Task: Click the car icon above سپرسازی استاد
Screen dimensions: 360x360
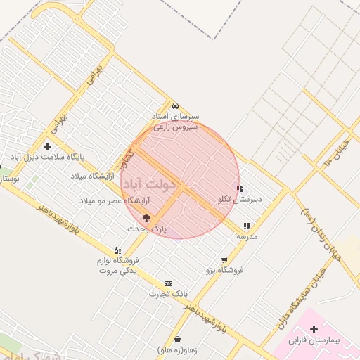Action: point(175,105)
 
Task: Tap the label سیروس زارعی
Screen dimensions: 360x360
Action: point(172,127)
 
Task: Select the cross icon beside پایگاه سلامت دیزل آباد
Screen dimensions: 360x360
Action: point(47,147)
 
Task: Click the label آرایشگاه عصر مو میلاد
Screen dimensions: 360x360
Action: point(103,202)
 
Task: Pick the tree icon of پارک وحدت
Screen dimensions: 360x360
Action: point(147,218)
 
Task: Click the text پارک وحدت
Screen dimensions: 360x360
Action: point(148,229)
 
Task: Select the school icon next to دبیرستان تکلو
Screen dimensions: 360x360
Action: point(240,188)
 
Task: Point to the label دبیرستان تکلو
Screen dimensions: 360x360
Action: point(241,200)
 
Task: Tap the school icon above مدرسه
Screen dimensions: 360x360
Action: point(247,226)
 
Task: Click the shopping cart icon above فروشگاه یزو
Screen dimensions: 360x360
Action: point(224,259)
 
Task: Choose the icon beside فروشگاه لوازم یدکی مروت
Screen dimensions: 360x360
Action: point(117,250)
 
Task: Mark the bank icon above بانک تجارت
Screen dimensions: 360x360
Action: point(167,283)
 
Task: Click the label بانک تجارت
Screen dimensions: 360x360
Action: point(168,293)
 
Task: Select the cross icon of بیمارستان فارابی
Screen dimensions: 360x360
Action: point(314,329)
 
